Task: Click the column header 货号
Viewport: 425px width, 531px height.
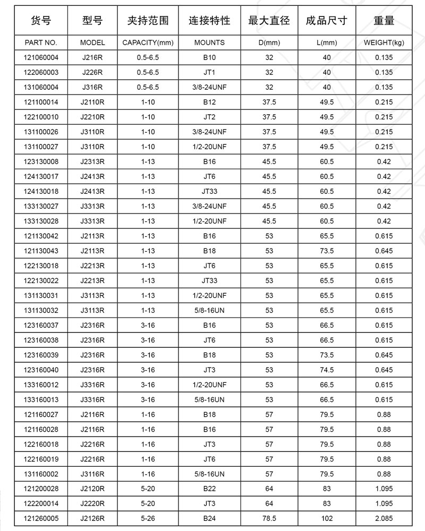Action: pos(41,21)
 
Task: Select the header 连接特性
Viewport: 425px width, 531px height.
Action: pos(209,21)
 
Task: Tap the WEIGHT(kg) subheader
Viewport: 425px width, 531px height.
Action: pos(384,42)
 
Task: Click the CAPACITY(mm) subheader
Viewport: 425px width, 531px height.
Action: pos(148,42)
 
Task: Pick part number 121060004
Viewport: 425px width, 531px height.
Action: pos(41,57)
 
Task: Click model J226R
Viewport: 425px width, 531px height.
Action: pos(92,72)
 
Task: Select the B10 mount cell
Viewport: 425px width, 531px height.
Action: pos(209,57)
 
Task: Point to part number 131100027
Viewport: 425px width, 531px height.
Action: pos(41,147)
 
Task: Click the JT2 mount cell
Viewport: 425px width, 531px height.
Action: pos(209,117)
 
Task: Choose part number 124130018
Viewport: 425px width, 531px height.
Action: pos(41,191)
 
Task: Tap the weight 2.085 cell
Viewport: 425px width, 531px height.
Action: pos(384,518)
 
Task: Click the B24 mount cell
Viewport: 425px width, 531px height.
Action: pos(209,518)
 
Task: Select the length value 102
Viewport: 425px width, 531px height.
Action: pos(327,518)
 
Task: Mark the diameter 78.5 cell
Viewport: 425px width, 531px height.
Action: pos(269,518)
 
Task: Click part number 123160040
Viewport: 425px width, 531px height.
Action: pos(41,370)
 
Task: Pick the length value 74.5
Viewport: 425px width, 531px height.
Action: pos(327,370)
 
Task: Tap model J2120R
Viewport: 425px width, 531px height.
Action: pos(92,489)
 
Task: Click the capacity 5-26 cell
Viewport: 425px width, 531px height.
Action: pos(148,518)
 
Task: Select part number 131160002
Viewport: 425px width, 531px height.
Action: pos(41,474)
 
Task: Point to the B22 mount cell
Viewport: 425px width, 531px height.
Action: pos(209,489)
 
